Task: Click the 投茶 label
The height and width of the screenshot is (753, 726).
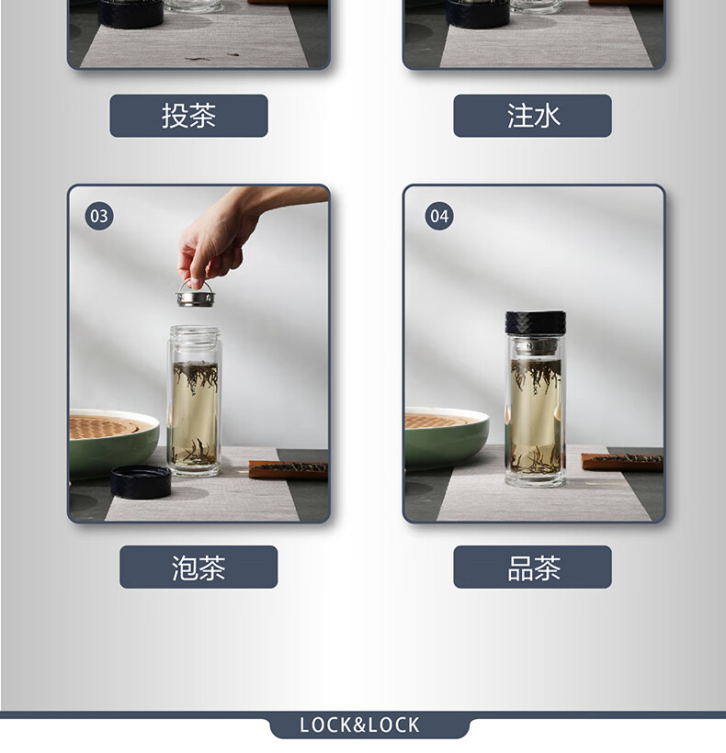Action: (x=188, y=116)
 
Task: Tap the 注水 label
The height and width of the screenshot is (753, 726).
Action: (x=532, y=116)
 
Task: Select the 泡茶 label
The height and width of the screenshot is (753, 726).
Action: (x=199, y=568)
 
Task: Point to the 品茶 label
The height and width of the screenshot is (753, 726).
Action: (x=532, y=568)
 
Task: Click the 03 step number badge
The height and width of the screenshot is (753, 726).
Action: (x=99, y=216)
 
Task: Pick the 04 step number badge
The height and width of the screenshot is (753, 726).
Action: (x=439, y=216)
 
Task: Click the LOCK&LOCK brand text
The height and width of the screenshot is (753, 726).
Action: (x=359, y=725)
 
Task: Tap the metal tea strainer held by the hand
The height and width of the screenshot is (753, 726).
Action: (x=195, y=295)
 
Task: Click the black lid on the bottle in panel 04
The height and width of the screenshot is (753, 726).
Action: (x=535, y=322)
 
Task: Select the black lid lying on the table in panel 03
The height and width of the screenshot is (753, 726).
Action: (x=141, y=481)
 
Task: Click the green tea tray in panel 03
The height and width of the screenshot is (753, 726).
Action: (x=114, y=443)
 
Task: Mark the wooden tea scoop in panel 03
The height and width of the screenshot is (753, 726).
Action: (x=289, y=468)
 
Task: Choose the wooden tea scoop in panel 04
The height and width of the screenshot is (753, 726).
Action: (x=622, y=461)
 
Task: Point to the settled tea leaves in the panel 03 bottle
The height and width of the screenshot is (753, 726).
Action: (x=194, y=453)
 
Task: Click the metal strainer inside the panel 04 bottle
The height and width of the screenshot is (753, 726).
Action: (x=535, y=347)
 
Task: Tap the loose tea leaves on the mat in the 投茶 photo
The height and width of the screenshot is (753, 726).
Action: (x=212, y=57)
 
